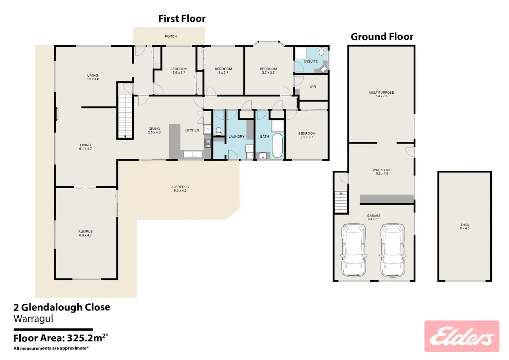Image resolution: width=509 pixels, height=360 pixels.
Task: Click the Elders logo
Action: pos(461,336)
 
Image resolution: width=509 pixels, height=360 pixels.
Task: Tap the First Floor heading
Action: pos(182,19)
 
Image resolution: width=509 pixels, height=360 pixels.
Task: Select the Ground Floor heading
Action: pos(382,37)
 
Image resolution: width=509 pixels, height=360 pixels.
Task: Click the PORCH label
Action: pos(171,36)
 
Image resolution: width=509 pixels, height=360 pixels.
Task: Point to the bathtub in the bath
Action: pos(277,145)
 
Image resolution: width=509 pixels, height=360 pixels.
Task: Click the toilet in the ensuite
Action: pos(321,51)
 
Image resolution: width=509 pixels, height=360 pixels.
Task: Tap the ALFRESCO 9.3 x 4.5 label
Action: pos(180,189)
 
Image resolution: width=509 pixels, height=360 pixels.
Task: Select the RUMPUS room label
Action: pos(86,233)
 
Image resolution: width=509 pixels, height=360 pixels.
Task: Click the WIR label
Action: pos(313,87)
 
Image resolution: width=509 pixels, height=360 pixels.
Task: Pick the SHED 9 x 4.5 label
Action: pos(465,226)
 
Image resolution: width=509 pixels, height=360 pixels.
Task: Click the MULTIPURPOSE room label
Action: pos(381,94)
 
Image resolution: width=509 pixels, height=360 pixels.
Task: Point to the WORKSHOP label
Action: pos(382,172)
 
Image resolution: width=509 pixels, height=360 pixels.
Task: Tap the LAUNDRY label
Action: pos(237,137)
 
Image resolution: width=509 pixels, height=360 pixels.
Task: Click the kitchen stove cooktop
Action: pos(207,144)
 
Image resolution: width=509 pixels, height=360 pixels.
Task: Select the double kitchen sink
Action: pos(193,154)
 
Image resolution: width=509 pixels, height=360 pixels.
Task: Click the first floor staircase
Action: pos(125,116)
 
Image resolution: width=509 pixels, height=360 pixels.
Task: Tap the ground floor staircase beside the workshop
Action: pos(341,202)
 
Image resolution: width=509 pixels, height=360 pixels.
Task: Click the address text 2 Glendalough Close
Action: pos(62,307)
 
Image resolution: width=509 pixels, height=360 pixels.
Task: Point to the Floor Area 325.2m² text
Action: pos(61,338)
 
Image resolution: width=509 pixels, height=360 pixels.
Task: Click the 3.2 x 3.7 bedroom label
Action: pos(307,135)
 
